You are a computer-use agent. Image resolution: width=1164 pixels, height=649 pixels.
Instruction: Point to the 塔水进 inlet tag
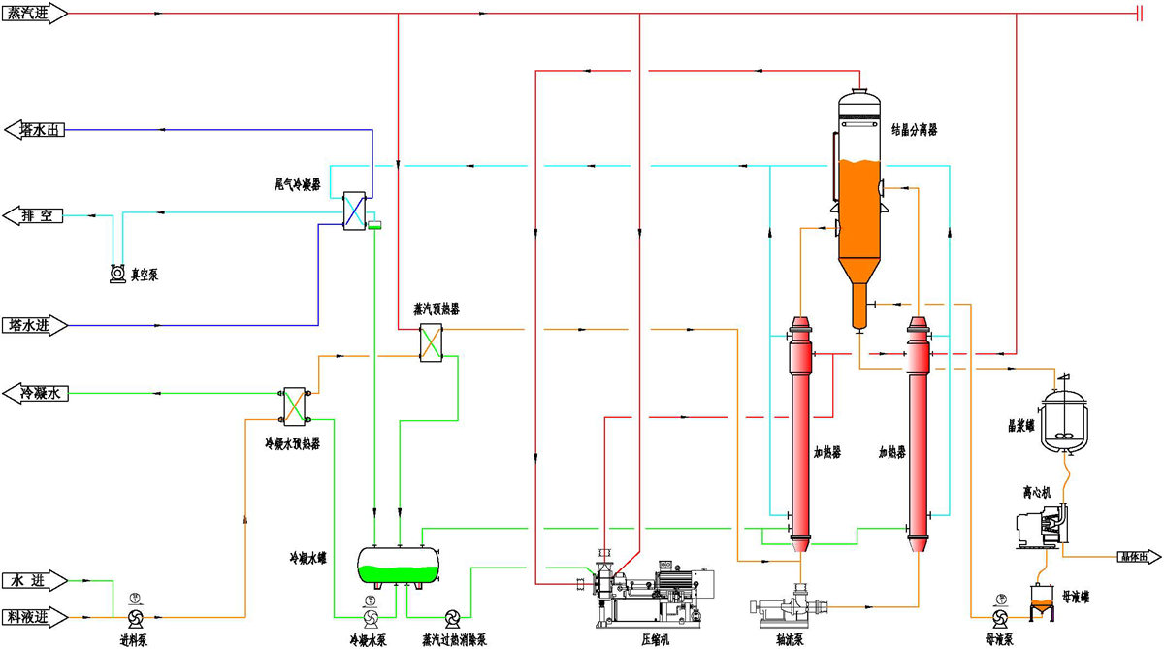(x=34, y=325)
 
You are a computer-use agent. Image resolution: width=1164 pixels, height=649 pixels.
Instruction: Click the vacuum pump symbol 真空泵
(x=118, y=275)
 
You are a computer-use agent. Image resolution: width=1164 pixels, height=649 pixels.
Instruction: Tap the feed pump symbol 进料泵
(x=135, y=617)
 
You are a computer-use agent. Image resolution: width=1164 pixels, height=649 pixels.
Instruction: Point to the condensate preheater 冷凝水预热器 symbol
(x=292, y=406)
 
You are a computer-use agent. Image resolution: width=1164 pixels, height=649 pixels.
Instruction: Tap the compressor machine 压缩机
(x=650, y=587)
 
